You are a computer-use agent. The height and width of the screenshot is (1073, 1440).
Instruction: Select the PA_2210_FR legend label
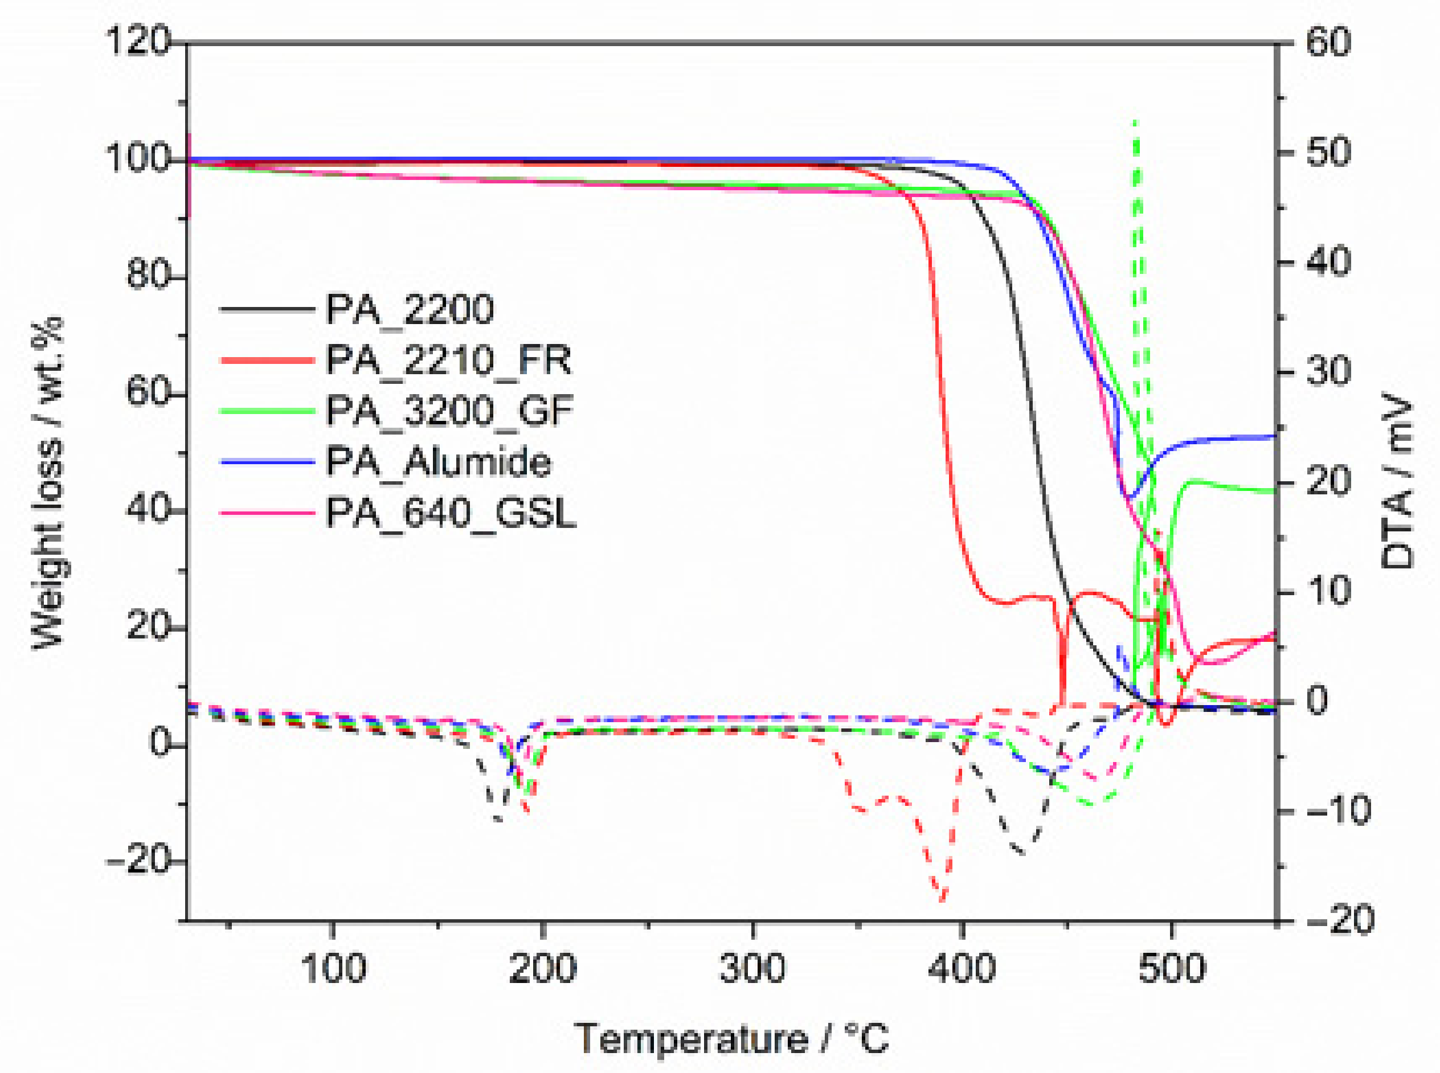click(x=449, y=360)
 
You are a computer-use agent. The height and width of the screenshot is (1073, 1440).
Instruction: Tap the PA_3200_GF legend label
click(x=450, y=411)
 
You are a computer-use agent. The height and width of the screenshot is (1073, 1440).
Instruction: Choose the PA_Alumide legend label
click(x=439, y=462)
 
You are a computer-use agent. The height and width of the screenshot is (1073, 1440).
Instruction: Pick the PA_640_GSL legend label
click(x=451, y=513)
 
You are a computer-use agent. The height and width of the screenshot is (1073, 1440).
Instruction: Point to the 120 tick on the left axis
click(x=137, y=42)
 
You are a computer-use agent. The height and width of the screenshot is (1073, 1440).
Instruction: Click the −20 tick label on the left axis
click(x=137, y=861)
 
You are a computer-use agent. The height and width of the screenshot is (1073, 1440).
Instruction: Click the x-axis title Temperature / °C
click(x=731, y=1038)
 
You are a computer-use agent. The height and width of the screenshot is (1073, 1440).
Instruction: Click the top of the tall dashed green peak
click(x=1135, y=121)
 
